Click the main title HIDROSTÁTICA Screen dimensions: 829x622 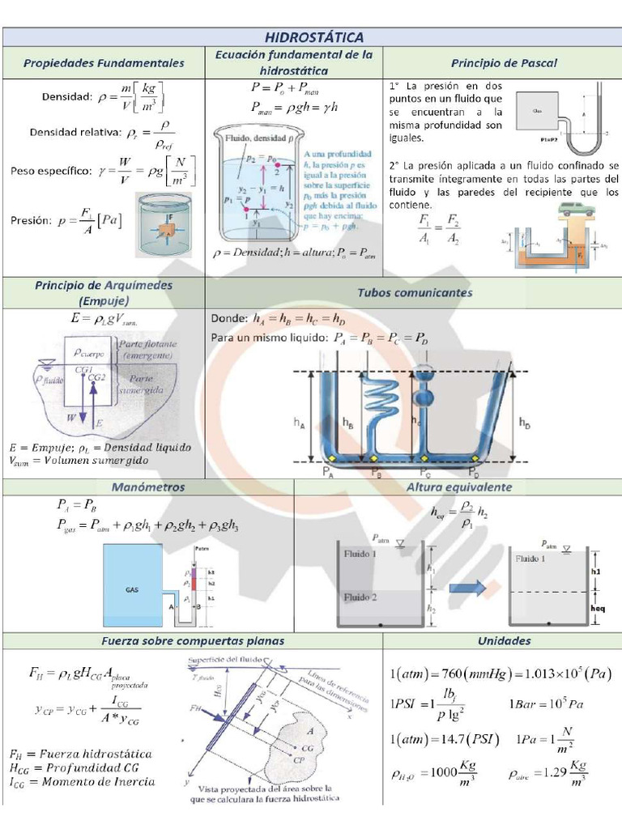(x=314, y=37)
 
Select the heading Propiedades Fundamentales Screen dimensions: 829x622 (x=104, y=62)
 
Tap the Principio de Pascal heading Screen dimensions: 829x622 (x=504, y=62)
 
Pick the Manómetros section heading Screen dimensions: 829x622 (x=148, y=487)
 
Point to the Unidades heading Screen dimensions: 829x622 (x=503, y=640)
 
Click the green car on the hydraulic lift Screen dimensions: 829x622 (x=576, y=211)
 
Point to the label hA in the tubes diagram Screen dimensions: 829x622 (x=299, y=422)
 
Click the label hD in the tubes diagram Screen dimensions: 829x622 (x=525, y=423)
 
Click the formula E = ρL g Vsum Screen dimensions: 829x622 (x=103, y=319)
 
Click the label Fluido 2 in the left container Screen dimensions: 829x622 (x=360, y=597)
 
